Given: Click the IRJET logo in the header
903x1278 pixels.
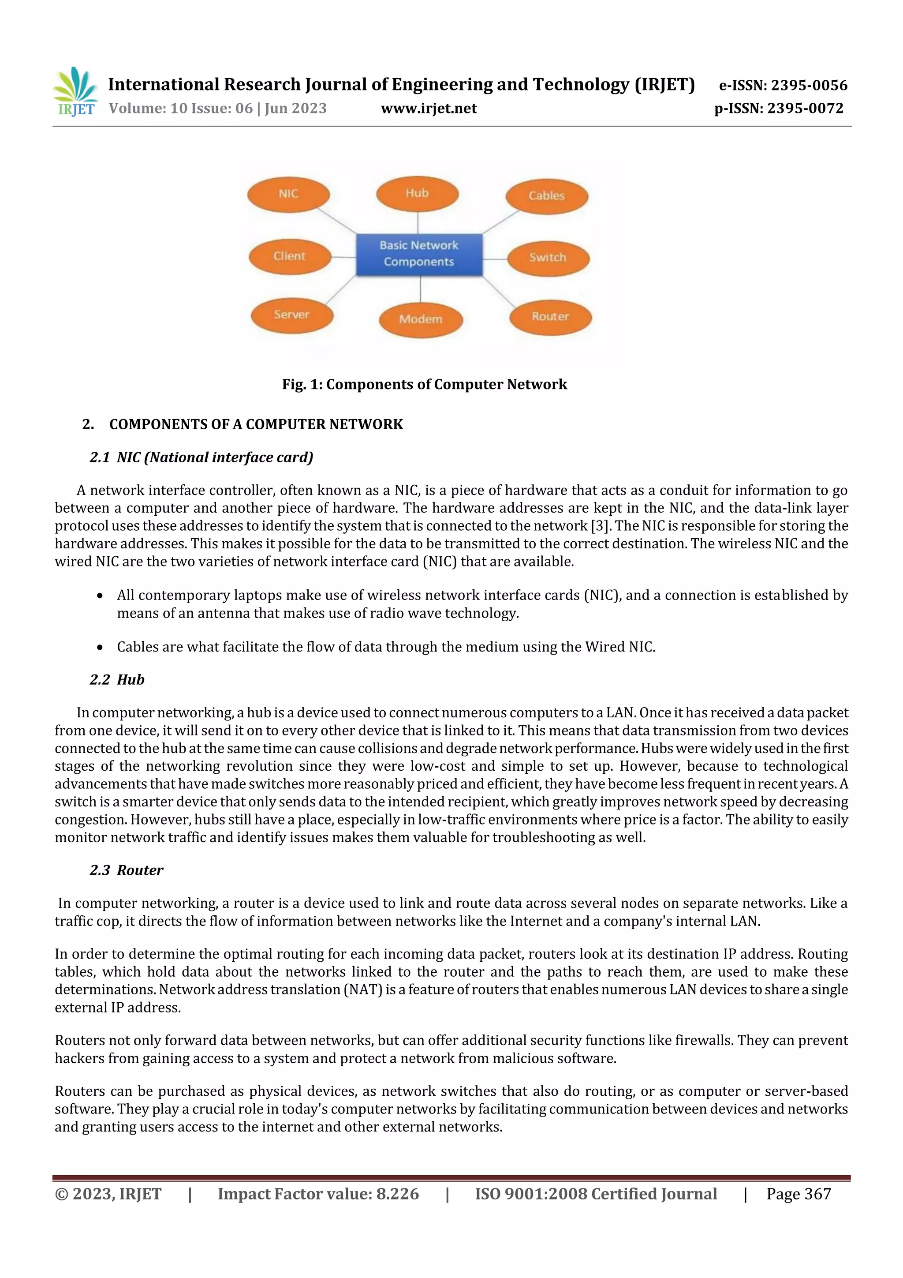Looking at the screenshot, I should pyautogui.click(x=75, y=92).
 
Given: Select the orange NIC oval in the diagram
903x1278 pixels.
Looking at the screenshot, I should pyautogui.click(x=288, y=194).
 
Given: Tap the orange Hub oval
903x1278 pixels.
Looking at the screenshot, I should pyautogui.click(x=417, y=194).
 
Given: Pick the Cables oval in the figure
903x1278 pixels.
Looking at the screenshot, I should pyautogui.click(x=546, y=196).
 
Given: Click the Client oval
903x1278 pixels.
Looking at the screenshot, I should pyautogui.click(x=289, y=257).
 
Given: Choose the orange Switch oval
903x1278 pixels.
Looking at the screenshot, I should pyautogui.click(x=548, y=258).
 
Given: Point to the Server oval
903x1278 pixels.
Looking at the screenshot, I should pyautogui.click(x=291, y=315).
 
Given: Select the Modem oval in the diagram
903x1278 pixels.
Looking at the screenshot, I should pyautogui.click(x=421, y=319).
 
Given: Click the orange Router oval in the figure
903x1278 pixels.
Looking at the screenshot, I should pyautogui.click(x=550, y=317).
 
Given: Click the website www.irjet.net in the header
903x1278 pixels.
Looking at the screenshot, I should pyautogui.click(x=429, y=109).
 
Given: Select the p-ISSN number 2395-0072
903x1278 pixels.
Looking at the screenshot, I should pyautogui.click(x=805, y=109).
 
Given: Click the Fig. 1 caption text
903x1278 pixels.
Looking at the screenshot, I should pyautogui.click(x=424, y=385).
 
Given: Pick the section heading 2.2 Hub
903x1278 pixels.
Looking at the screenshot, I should pyautogui.click(x=117, y=680).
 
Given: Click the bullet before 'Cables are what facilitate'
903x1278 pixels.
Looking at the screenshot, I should pyautogui.click(x=100, y=647).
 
